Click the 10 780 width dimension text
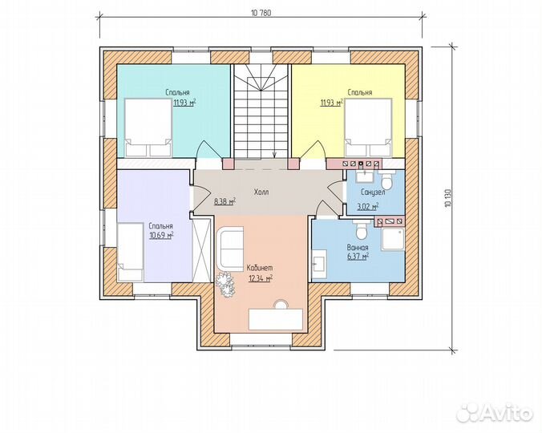(x=261, y=13)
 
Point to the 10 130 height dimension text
(x=448, y=197)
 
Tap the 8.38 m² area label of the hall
(x=225, y=201)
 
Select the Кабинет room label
(x=260, y=268)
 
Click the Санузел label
(x=373, y=192)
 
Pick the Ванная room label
(x=358, y=248)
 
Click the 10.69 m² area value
(x=161, y=236)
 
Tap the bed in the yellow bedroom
(x=369, y=127)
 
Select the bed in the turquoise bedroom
(x=148, y=127)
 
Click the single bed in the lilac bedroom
(x=131, y=252)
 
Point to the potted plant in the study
(x=226, y=284)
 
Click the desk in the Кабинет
(x=276, y=319)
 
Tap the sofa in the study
(x=230, y=248)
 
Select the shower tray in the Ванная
(x=393, y=238)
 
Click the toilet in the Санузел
(x=386, y=180)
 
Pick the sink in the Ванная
(x=319, y=265)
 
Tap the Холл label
(x=261, y=192)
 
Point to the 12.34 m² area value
(x=261, y=278)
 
